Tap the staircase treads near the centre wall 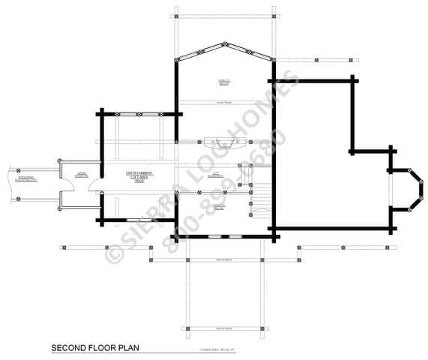coord(259,202)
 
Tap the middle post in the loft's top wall coord(142,115)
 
